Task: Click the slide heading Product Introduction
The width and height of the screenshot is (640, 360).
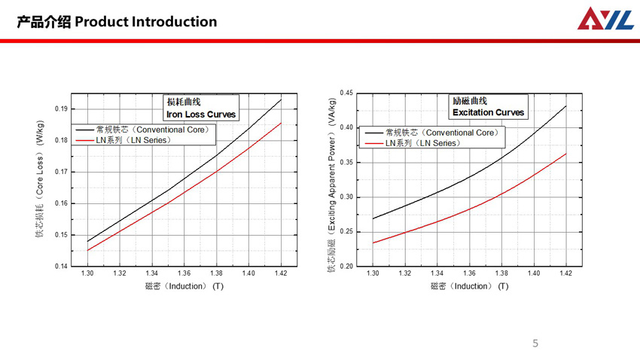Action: [117, 21]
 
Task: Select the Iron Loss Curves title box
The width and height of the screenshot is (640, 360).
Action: [201, 108]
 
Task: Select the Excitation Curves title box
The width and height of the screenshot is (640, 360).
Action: [488, 106]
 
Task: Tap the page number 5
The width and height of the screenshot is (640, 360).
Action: [535, 343]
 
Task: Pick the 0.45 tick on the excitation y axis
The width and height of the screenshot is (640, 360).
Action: [346, 93]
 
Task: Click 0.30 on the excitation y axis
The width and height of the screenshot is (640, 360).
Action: [346, 197]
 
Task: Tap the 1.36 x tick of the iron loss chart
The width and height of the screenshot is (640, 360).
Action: [184, 273]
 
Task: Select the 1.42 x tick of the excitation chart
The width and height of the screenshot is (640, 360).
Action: [565, 273]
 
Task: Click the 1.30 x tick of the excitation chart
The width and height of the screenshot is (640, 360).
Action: [373, 273]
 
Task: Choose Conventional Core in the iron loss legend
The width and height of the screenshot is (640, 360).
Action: [154, 130]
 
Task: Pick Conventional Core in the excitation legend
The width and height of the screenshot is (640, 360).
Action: [440, 133]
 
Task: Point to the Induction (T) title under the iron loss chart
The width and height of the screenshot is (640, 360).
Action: [184, 286]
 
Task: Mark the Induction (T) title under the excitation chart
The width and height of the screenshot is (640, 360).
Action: [470, 286]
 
